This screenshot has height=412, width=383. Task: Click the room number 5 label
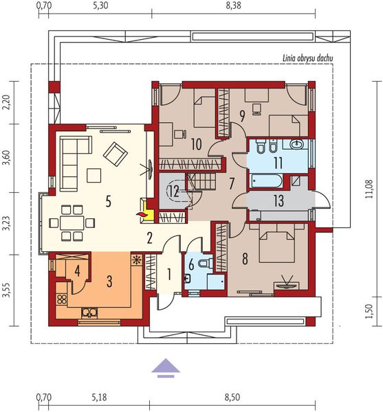coord(108,202)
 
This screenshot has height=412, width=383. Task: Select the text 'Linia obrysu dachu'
coord(307,58)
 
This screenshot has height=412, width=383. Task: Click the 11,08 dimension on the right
coord(369,189)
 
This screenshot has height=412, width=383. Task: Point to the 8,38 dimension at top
coord(233,5)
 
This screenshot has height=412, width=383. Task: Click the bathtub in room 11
coord(266,181)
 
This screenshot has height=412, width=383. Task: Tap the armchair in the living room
coord(116,154)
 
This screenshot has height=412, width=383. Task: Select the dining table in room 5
coord(72,223)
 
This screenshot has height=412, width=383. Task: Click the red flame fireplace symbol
coord(142,214)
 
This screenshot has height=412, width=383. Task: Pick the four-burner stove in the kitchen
coord(62,299)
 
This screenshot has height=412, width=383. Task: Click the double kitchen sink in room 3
coord(89,312)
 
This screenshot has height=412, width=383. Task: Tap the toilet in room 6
coord(206,263)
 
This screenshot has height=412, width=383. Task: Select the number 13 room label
coord(278,201)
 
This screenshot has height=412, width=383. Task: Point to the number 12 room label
coord(174,191)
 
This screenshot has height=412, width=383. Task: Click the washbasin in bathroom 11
coord(296,144)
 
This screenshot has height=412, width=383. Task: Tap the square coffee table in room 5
coord(94,176)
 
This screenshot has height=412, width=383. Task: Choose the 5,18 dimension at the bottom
coord(100,397)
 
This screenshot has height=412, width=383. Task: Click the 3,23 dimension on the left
coord(6,224)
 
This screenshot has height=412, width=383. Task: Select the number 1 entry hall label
coord(169,274)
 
